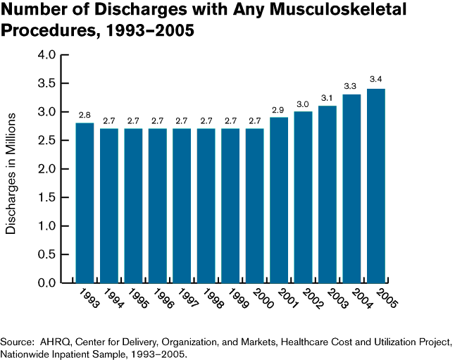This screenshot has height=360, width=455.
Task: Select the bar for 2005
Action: click(x=376, y=186)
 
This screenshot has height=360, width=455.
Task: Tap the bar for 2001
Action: click(x=279, y=200)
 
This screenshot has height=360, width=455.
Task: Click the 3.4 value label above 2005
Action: click(x=376, y=79)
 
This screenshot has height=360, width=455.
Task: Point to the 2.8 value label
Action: click(x=85, y=113)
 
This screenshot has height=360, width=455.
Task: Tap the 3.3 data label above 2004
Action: click(x=351, y=85)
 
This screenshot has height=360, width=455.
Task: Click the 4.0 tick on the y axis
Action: click(x=46, y=55)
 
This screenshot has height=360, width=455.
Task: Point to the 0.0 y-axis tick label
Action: click(x=46, y=283)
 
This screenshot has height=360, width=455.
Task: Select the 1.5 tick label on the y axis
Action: click(x=46, y=198)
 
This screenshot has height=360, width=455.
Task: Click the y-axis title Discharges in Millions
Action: click(x=11, y=169)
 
